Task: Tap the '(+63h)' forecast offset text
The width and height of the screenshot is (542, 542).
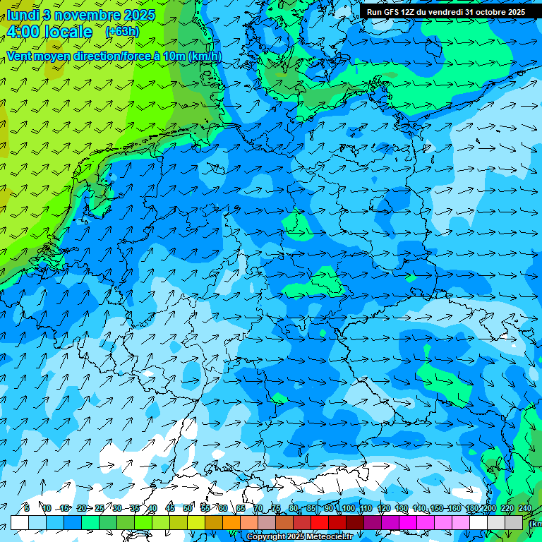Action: (x=122, y=32)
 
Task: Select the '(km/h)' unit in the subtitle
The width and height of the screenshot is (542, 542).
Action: (x=205, y=56)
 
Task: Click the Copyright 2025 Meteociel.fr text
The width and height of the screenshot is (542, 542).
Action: (x=300, y=537)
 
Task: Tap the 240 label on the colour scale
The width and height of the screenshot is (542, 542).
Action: (x=524, y=508)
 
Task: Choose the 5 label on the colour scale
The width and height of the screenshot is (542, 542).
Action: (x=27, y=508)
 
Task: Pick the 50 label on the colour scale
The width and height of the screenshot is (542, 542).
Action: (x=188, y=508)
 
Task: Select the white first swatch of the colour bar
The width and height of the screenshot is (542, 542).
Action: (x=20, y=522)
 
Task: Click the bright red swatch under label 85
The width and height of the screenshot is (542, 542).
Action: (x=320, y=522)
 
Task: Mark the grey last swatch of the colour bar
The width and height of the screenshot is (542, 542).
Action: (x=514, y=522)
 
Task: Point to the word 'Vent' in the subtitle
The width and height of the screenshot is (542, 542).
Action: (x=20, y=56)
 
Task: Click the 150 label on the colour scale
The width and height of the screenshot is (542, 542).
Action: (x=438, y=508)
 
